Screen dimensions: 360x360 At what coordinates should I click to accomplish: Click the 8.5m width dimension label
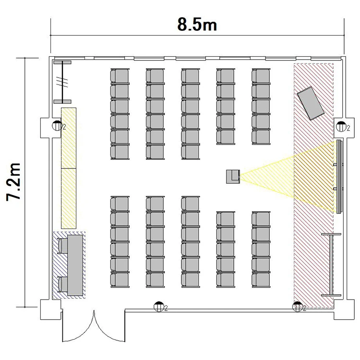(x=197, y=24)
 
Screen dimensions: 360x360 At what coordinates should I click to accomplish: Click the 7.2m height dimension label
(x=13, y=182)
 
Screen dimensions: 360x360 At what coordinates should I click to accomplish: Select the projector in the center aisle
(x=233, y=177)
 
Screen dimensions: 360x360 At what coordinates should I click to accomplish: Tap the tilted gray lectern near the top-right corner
(x=311, y=103)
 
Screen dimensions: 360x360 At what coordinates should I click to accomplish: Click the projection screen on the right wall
(x=339, y=177)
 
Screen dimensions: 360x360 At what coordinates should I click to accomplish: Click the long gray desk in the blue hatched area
(x=75, y=265)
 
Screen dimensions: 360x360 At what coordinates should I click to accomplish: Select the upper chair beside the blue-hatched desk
(x=62, y=246)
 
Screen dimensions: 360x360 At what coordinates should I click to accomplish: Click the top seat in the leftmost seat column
(x=120, y=76)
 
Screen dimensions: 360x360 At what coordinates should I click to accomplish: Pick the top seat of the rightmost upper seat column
(x=261, y=76)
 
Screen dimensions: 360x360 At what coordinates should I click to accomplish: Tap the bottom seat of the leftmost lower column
(x=120, y=280)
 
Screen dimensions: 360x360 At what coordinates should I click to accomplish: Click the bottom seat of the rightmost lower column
(x=261, y=280)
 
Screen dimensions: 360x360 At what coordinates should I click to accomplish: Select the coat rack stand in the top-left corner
(x=62, y=82)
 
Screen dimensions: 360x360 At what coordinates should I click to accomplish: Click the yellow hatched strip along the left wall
(x=69, y=168)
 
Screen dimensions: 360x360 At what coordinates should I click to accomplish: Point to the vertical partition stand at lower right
(x=331, y=264)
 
